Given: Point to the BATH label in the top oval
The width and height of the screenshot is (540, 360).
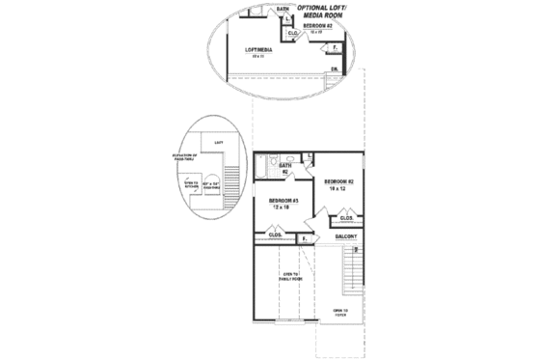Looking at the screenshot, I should (x=283, y=8).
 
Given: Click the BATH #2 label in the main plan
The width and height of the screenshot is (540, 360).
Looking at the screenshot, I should (x=285, y=168).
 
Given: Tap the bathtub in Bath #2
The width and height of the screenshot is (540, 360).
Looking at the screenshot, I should (x=268, y=163).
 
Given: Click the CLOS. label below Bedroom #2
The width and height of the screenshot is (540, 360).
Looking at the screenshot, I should (x=347, y=219).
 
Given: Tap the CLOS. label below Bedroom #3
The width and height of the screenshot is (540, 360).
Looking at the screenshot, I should (x=274, y=235).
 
